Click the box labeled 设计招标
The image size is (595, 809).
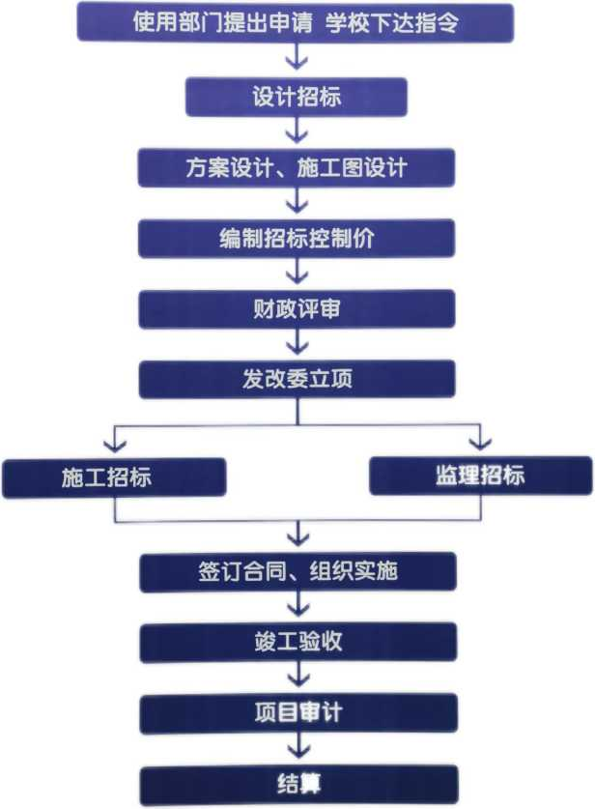point(297,97)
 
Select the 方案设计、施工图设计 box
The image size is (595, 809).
point(297,167)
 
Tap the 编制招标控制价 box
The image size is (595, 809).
point(297,238)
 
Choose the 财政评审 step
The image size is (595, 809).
point(297,308)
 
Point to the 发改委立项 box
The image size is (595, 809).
point(297,378)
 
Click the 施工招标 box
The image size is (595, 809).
point(114,477)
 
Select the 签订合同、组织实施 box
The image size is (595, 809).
point(297,571)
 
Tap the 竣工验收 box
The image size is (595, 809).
point(297,642)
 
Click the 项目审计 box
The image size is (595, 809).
point(297,713)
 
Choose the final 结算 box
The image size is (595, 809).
point(297,784)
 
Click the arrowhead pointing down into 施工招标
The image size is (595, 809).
point(115,444)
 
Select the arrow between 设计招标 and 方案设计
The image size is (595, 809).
point(297,131)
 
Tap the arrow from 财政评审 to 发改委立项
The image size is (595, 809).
point(297,343)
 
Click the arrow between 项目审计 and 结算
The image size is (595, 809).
point(297,749)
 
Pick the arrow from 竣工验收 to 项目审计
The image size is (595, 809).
point(297,678)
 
